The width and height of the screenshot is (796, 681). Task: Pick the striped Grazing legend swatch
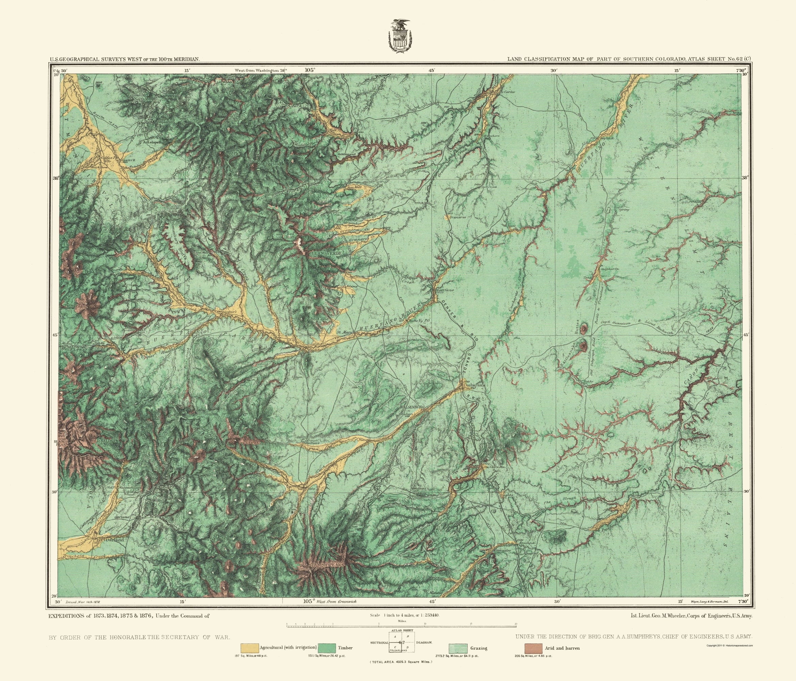coord(458,648)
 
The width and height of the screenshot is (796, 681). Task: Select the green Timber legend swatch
coord(327,648)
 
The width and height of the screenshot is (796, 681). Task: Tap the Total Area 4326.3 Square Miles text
coord(400,662)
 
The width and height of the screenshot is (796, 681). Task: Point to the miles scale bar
coord(402,627)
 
